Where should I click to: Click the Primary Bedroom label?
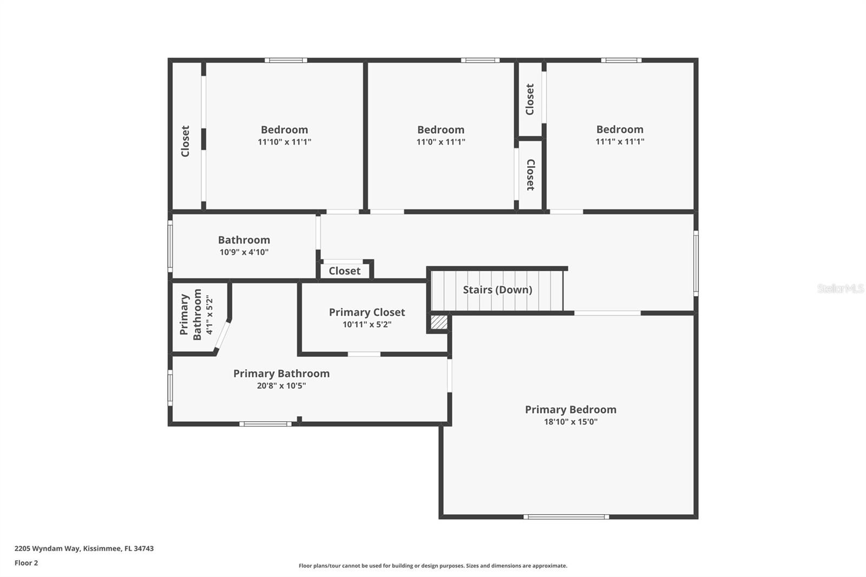click(570, 410)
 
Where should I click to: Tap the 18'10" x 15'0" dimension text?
click(570, 422)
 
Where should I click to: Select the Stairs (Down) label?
click(497, 290)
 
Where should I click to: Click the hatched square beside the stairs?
click(439, 322)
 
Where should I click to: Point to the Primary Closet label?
click(367, 312)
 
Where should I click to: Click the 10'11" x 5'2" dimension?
click(367, 325)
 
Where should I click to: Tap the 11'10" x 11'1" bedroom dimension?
click(284, 142)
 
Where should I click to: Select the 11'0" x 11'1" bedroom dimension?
click(441, 142)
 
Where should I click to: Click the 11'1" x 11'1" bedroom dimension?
click(620, 142)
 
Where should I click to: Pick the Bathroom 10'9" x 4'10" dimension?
click(244, 252)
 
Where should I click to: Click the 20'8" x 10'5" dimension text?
click(281, 386)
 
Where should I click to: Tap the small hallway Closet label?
click(344, 271)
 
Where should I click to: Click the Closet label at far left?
click(186, 141)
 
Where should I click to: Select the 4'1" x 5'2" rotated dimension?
click(209, 315)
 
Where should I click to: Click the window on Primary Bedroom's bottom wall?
click(566, 517)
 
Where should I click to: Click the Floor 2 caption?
click(26, 563)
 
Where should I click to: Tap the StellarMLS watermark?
click(840, 289)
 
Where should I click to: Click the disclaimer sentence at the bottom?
click(433, 566)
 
